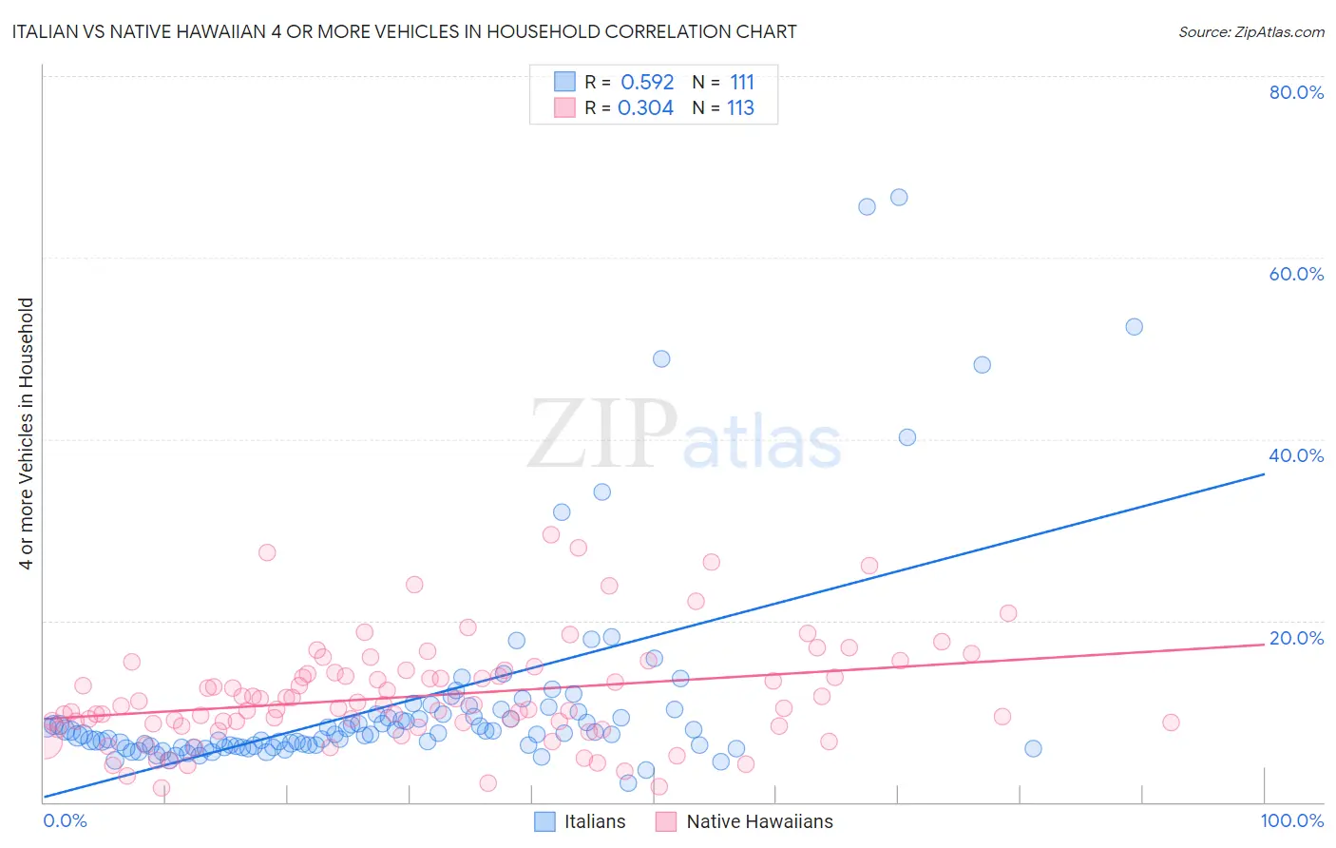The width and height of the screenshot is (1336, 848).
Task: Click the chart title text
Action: [x=404, y=31]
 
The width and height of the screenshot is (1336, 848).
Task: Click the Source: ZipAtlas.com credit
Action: [x=1250, y=31]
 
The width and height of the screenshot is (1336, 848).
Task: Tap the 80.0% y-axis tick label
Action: [x=1296, y=92]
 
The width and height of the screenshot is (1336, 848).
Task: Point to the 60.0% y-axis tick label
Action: [x=1296, y=274]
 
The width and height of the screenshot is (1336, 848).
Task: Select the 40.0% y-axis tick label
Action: [x=1296, y=455]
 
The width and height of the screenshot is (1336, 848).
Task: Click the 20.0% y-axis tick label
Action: [x=1296, y=638]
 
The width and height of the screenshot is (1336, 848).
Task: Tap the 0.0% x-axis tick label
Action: [x=65, y=820]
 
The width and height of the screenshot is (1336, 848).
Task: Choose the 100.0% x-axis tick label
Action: [x=1291, y=820]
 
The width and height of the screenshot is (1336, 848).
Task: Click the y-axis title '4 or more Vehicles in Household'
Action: [x=27, y=434]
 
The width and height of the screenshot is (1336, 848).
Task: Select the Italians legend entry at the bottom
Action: [x=580, y=821]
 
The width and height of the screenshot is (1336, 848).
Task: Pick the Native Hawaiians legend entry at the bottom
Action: [x=744, y=821]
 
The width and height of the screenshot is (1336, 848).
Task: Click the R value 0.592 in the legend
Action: [x=647, y=82]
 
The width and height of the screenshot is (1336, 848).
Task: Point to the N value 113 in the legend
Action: [x=740, y=107]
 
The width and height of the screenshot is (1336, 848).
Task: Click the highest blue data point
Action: [x=899, y=198]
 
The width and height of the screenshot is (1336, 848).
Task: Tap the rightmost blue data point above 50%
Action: [x=1134, y=327]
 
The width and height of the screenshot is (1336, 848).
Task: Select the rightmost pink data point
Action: [x=1171, y=723]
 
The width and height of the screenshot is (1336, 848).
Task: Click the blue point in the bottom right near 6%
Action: [x=1033, y=748]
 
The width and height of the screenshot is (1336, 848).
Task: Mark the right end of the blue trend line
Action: [x=1264, y=472]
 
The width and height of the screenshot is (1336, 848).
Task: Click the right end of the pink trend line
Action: [x=1264, y=645]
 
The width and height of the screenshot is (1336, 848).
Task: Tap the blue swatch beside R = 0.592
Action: [x=564, y=82]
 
